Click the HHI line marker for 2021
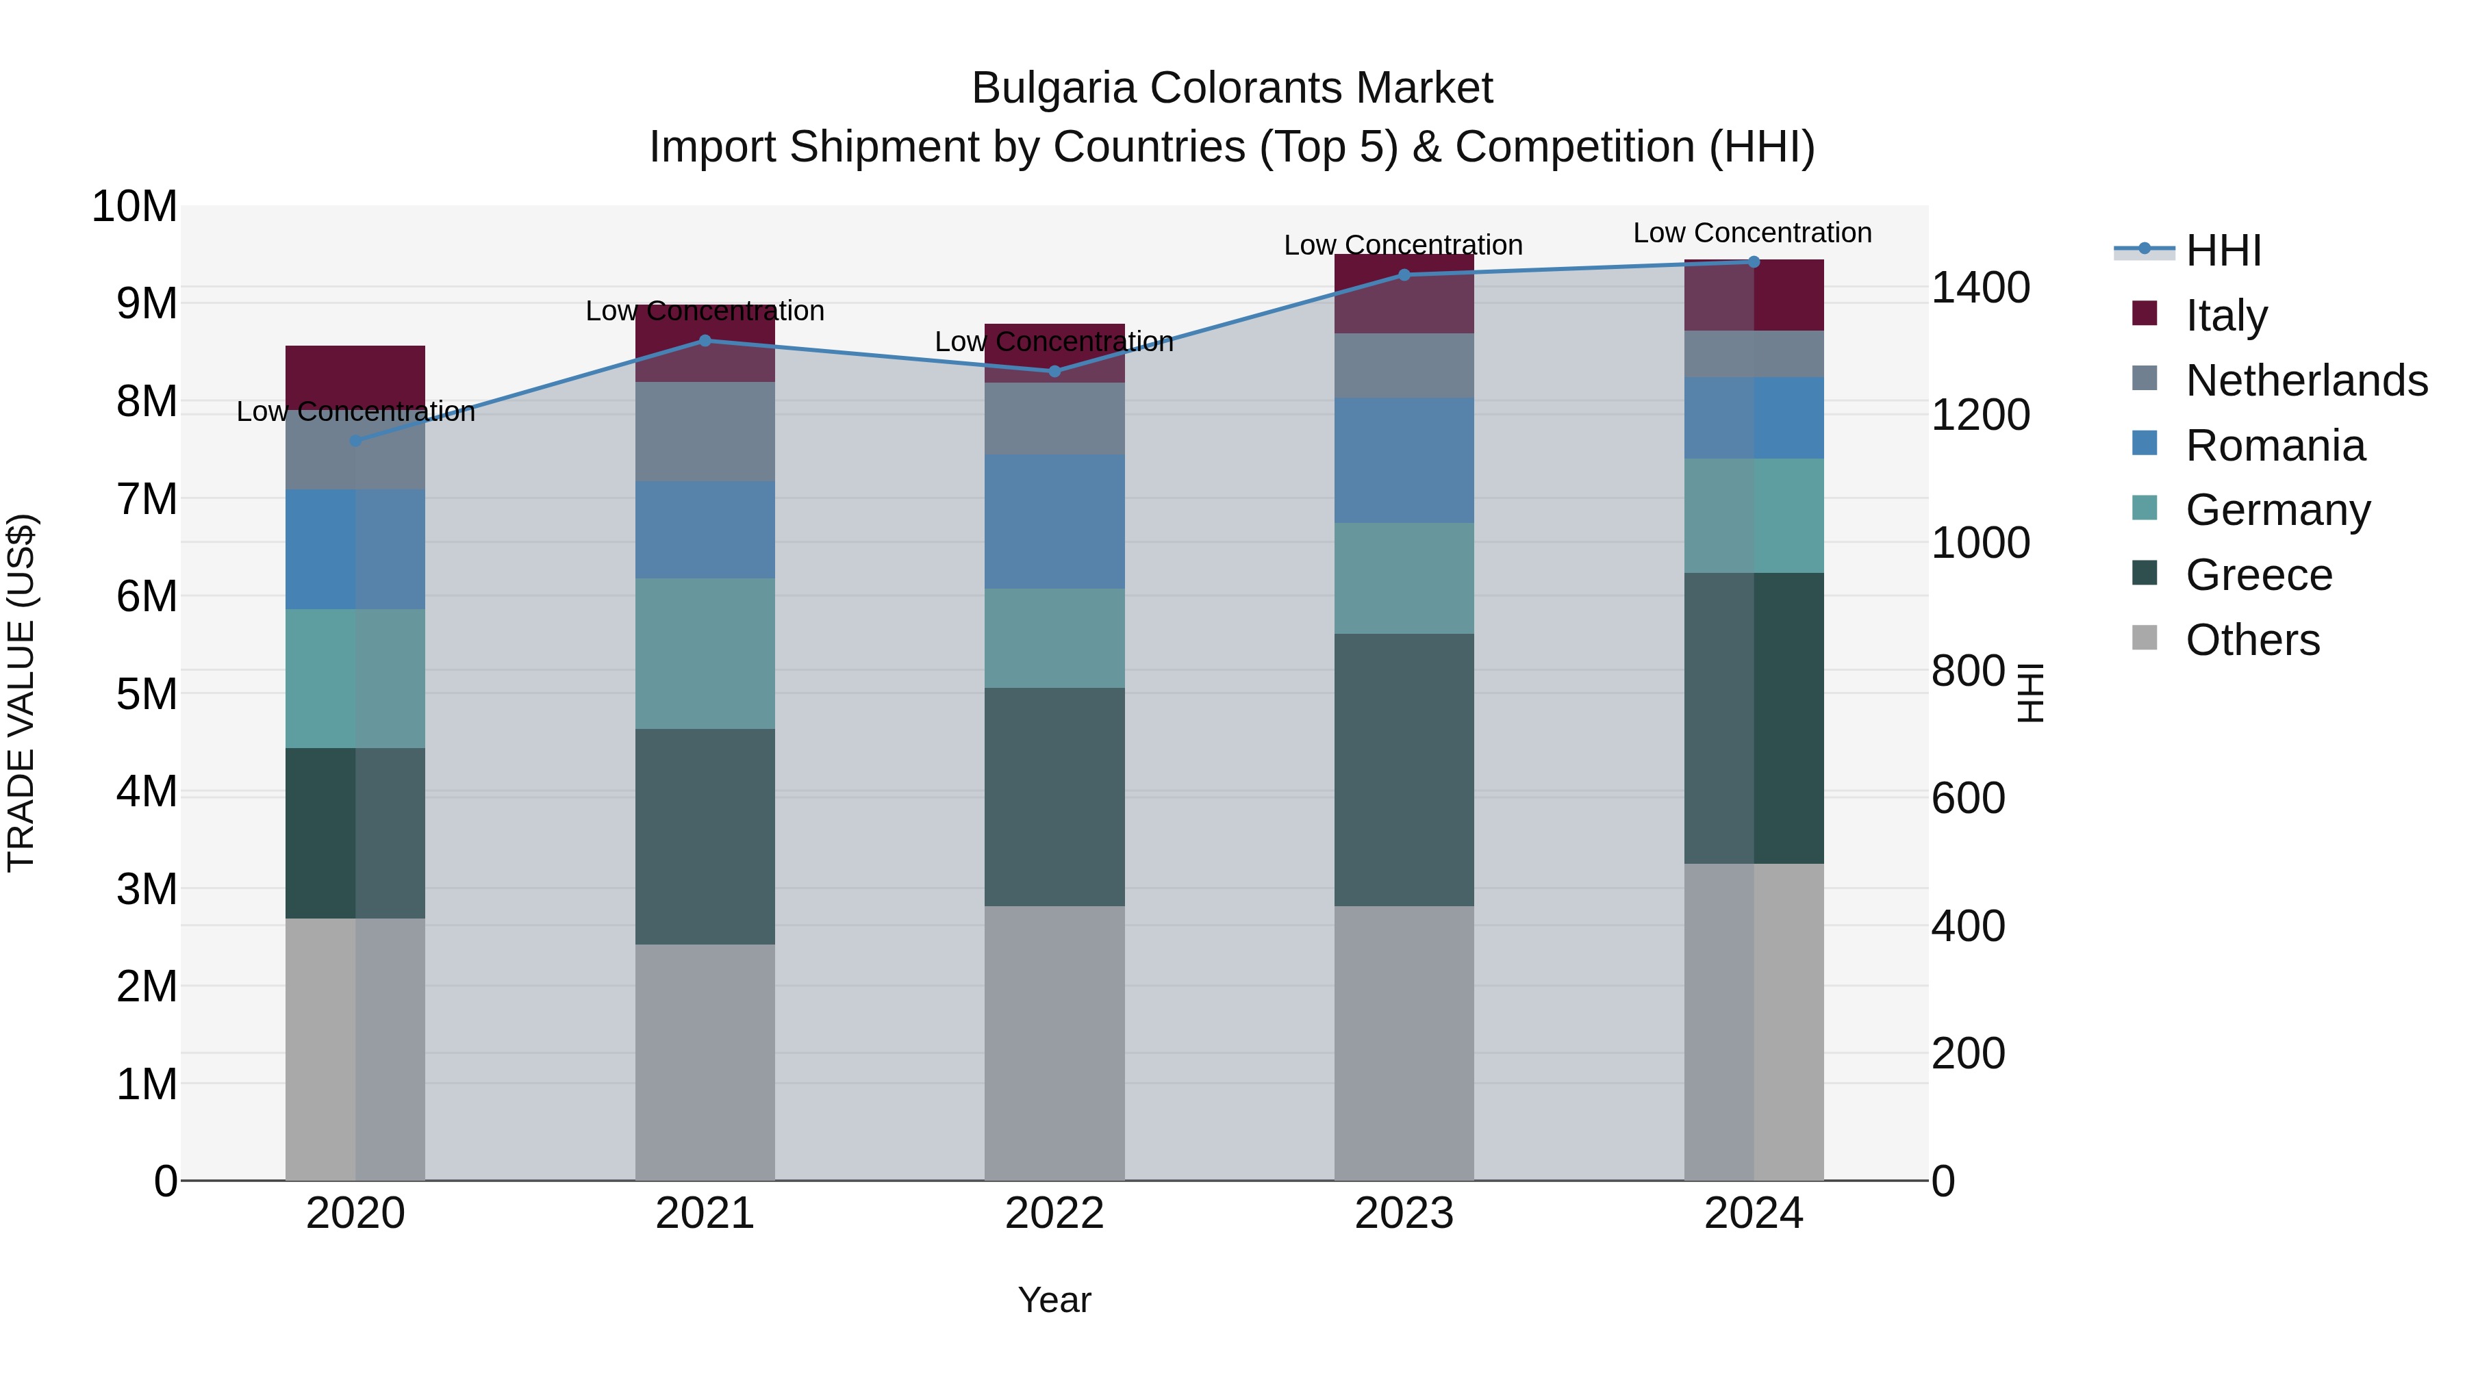pyautogui.click(x=705, y=341)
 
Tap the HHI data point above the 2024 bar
pyautogui.click(x=1754, y=262)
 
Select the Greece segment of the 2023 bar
pyautogui.click(x=1404, y=770)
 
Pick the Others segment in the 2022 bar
pyautogui.click(x=1054, y=1042)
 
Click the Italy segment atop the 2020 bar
pyautogui.click(x=355, y=373)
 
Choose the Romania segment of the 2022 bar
pyautogui.click(x=1054, y=522)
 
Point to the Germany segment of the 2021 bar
pyautogui.click(x=705, y=654)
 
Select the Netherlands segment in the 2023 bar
pyautogui.click(x=1404, y=365)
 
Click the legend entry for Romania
pyautogui.click(x=2275, y=446)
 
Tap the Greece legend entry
pyautogui.click(x=2258, y=575)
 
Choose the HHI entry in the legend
pyautogui.click(x=2223, y=251)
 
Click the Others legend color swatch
pyautogui.click(x=2145, y=638)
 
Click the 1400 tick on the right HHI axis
pyautogui.click(x=1980, y=288)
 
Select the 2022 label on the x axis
pyautogui.click(x=1054, y=1214)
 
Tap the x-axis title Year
pyautogui.click(x=1054, y=1300)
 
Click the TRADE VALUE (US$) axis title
pyautogui.click(x=21, y=693)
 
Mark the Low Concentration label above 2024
pyautogui.click(x=1752, y=233)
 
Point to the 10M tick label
pyautogui.click(x=134, y=207)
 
